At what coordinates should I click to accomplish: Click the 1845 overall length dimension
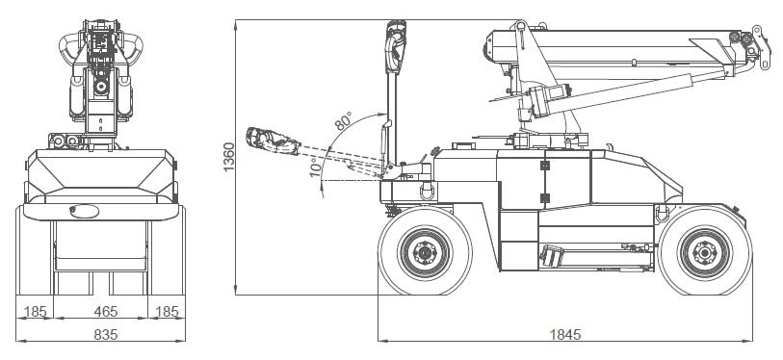(x=565, y=334)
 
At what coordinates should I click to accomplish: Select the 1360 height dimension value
(x=228, y=157)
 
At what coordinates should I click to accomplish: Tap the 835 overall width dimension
(x=105, y=334)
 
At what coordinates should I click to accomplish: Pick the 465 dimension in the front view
(x=105, y=312)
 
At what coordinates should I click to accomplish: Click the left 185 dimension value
(x=35, y=312)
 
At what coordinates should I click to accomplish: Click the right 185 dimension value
(x=167, y=312)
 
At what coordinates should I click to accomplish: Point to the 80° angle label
(x=343, y=121)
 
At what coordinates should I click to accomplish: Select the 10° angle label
(x=315, y=167)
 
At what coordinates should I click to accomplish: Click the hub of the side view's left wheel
(x=425, y=252)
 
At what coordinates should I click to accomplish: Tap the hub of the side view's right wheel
(x=705, y=252)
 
